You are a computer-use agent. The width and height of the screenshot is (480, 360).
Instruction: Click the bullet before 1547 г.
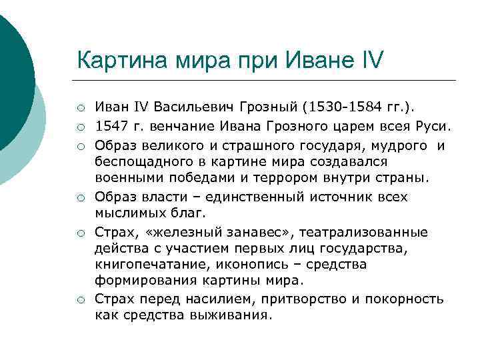[80, 127]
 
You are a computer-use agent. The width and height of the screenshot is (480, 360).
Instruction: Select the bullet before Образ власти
[80, 198]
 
